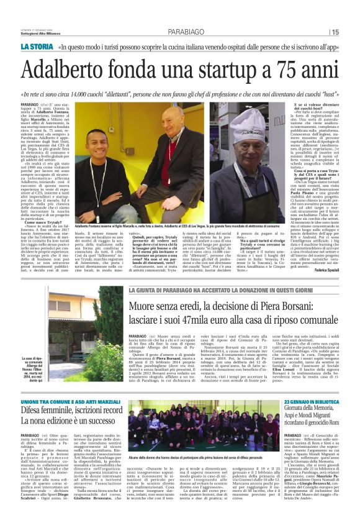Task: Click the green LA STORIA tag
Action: [x=37, y=47]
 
